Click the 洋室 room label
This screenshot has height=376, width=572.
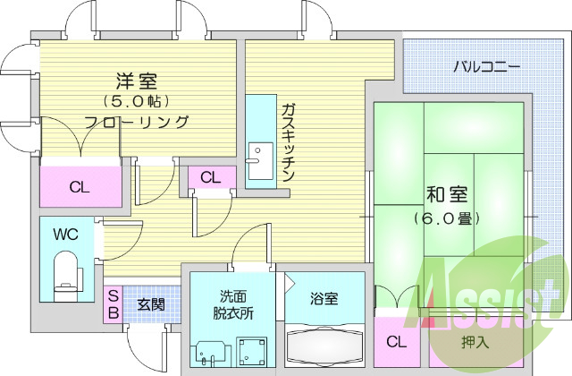[137, 81]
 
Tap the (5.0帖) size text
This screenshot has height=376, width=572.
[137, 101]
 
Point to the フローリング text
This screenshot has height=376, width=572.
[137, 122]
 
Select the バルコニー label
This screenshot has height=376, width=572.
[486, 67]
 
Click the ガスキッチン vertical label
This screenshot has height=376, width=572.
[289, 142]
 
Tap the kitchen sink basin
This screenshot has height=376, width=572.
[260, 161]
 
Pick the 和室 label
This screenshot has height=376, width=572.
[447, 194]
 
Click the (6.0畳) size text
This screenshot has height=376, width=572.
[447, 218]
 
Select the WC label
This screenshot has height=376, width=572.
[65, 235]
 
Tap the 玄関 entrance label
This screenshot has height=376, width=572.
[151, 304]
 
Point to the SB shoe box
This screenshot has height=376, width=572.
[114, 304]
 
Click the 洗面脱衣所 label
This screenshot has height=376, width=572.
[233, 304]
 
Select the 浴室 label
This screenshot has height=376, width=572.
[324, 298]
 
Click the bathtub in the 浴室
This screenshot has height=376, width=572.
[324, 346]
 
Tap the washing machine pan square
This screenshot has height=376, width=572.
[252, 352]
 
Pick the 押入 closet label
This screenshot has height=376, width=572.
[475, 342]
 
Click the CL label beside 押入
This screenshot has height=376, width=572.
[397, 342]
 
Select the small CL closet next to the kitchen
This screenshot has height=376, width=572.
[212, 178]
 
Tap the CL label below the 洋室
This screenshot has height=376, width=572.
[80, 187]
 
